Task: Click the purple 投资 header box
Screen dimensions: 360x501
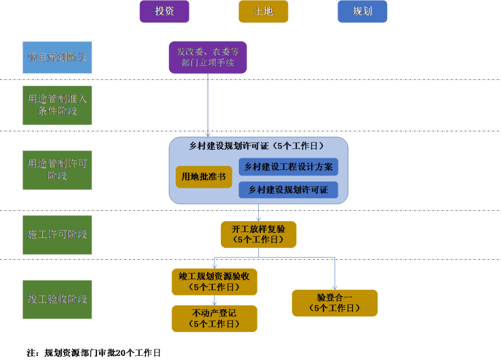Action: tap(165, 11)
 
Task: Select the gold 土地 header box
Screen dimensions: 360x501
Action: tap(263, 11)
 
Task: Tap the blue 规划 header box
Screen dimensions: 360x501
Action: tap(362, 11)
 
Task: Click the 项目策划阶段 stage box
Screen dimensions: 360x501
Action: tap(57, 58)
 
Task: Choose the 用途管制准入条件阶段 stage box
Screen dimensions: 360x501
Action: tap(57, 105)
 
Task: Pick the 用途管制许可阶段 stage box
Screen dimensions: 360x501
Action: tap(57, 170)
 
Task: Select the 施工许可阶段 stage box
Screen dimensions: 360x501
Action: tap(57, 235)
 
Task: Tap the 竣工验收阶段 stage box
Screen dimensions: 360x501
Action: tap(57, 299)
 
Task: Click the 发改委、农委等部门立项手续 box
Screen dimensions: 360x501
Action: tap(207, 57)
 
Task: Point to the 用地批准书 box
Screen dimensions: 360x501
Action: tap(204, 177)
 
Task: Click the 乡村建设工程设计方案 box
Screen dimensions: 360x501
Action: tap(288, 167)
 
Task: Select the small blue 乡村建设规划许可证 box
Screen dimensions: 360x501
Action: tap(288, 190)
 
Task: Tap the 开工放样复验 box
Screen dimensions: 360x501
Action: tap(258, 234)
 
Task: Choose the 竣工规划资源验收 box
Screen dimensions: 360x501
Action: tap(214, 282)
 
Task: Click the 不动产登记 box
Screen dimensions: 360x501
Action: tap(214, 318)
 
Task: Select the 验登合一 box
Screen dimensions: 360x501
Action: tap(334, 303)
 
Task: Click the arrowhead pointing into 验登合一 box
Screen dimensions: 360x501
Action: tap(334, 286)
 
